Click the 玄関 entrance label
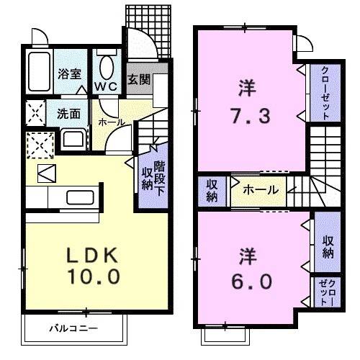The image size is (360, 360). pos(138,79)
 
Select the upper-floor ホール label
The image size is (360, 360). pos(257,190)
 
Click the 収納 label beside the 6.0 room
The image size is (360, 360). pos(328,246)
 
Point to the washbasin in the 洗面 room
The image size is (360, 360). pos(72,138)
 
